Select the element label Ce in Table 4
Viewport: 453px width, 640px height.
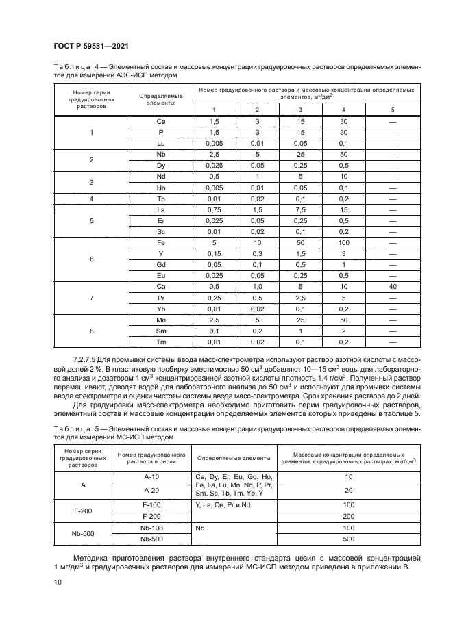pos(161,120)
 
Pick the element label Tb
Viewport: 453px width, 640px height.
pos(161,199)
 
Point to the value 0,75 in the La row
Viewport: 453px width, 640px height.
pos(212,209)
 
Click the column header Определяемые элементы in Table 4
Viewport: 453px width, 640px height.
pos(161,99)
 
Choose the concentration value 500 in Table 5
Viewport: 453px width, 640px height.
pos(348,539)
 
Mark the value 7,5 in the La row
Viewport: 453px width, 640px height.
pos(300,209)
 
